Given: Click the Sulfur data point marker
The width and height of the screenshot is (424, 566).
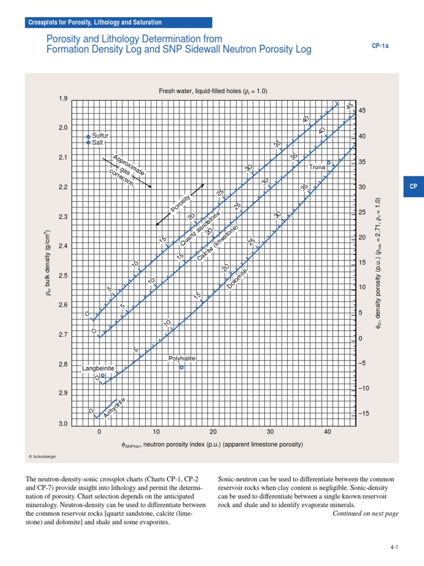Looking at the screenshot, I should click(x=88, y=136).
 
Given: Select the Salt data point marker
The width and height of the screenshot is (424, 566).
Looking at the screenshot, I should click(x=88, y=143).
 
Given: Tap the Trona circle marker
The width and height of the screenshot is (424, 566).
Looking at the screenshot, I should click(x=329, y=163).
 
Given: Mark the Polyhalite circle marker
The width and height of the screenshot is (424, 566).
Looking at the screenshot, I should click(x=182, y=367).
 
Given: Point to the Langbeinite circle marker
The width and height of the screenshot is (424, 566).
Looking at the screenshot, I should click(x=103, y=375).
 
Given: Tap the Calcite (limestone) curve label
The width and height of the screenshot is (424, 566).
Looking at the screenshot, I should click(x=218, y=243).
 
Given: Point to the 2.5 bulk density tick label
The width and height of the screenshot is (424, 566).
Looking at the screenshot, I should click(x=62, y=276).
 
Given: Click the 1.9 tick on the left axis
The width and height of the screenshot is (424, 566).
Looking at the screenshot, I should click(x=62, y=99).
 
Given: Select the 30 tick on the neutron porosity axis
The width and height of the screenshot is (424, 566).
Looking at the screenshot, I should click(x=271, y=432).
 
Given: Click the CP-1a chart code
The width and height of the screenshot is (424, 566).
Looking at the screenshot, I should click(x=379, y=46).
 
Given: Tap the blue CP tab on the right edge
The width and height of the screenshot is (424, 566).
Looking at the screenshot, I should click(x=413, y=187).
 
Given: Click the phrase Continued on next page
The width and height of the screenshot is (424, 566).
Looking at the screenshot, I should click(x=365, y=513).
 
